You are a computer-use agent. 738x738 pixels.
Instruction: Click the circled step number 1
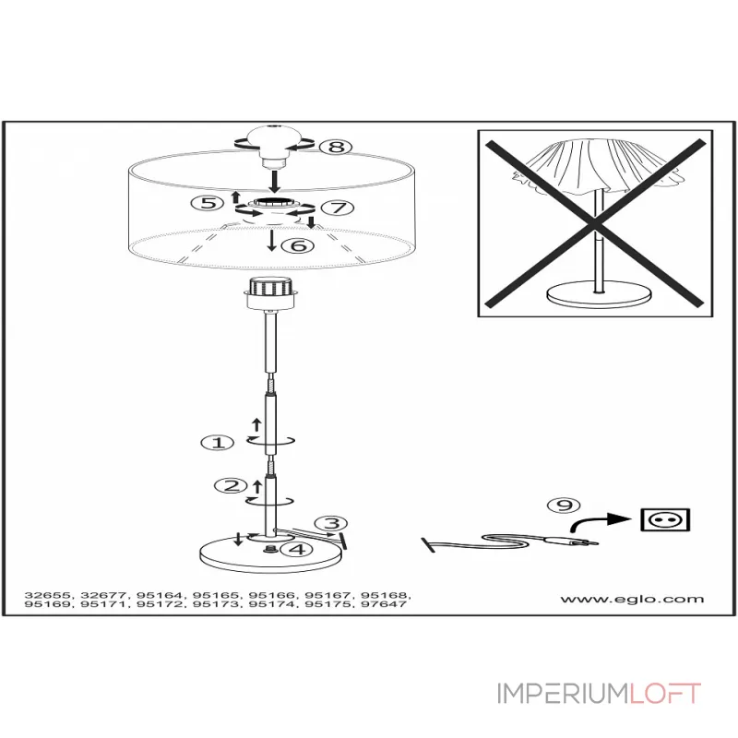tap(218, 443)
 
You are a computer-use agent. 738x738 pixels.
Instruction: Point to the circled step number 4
tap(296, 550)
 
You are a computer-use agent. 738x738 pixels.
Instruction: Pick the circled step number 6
tap(297, 245)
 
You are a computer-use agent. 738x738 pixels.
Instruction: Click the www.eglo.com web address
tap(632, 599)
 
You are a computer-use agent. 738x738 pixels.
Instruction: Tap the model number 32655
tap(47, 595)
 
